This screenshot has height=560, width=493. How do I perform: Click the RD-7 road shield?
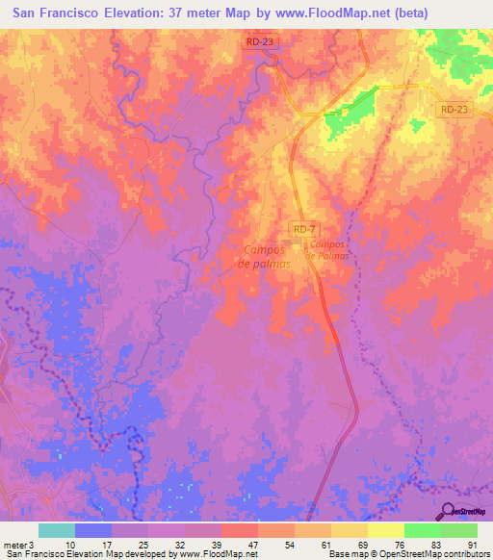(302, 228)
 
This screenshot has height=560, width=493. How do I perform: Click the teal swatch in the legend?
(57, 530)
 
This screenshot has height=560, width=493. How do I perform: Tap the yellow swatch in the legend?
(385, 530)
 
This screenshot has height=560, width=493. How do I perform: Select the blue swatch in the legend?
(93, 530)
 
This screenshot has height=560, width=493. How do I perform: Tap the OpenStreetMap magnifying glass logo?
(449, 513)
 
